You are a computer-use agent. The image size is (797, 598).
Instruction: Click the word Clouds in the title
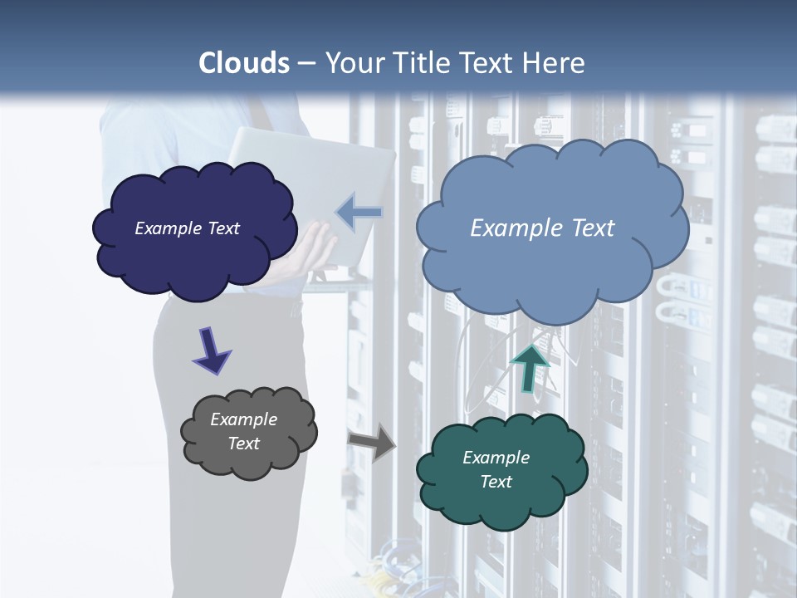point(244,63)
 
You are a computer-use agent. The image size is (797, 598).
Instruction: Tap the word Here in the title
point(554,63)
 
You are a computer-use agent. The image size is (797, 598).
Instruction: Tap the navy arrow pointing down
point(211,350)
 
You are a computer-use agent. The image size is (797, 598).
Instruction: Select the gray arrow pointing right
point(373,441)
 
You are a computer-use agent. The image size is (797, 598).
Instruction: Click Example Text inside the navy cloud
point(187,228)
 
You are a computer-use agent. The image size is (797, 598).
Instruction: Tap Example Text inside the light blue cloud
point(542,228)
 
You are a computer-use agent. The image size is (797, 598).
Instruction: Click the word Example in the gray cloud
point(243,419)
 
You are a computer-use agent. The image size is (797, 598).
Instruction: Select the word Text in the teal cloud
point(496,482)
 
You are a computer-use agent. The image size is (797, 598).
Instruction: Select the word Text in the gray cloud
point(243,444)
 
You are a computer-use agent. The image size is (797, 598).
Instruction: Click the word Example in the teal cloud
point(496,458)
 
